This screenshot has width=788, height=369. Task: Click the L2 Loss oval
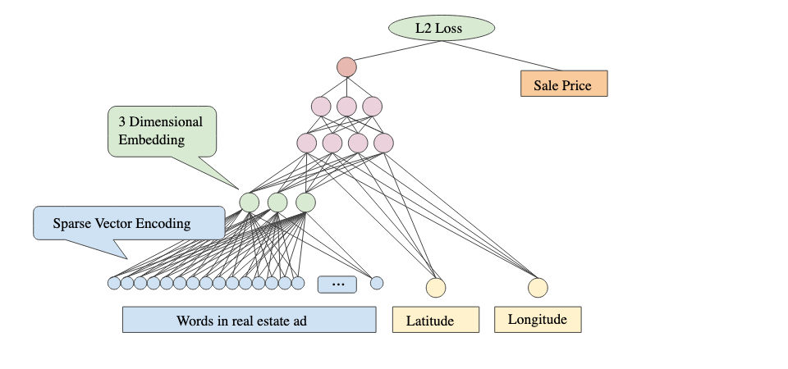click(x=442, y=29)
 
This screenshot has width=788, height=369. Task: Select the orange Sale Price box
click(x=564, y=84)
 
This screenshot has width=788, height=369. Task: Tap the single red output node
click(x=346, y=66)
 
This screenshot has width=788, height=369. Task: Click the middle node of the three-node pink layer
click(x=346, y=106)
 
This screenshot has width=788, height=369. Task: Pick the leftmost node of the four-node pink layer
click(x=307, y=143)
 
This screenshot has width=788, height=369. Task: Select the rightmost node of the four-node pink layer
click(x=383, y=143)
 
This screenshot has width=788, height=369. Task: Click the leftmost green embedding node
click(x=250, y=202)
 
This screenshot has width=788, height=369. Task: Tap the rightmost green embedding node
click(x=305, y=202)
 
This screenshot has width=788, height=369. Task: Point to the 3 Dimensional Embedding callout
click(x=162, y=130)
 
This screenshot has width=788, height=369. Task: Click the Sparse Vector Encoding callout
click(x=128, y=223)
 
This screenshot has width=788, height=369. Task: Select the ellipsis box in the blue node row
click(x=337, y=284)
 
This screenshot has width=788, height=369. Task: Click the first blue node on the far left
click(x=114, y=283)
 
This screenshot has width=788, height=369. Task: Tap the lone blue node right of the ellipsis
click(x=377, y=283)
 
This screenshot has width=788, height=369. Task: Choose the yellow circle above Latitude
click(x=436, y=288)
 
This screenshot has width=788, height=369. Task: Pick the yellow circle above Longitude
click(x=538, y=288)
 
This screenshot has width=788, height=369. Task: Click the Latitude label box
click(x=435, y=320)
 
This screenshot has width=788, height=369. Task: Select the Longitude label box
click(x=538, y=319)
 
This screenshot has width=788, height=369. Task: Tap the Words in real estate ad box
click(x=249, y=320)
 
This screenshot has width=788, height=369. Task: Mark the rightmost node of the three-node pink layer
click(x=373, y=106)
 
